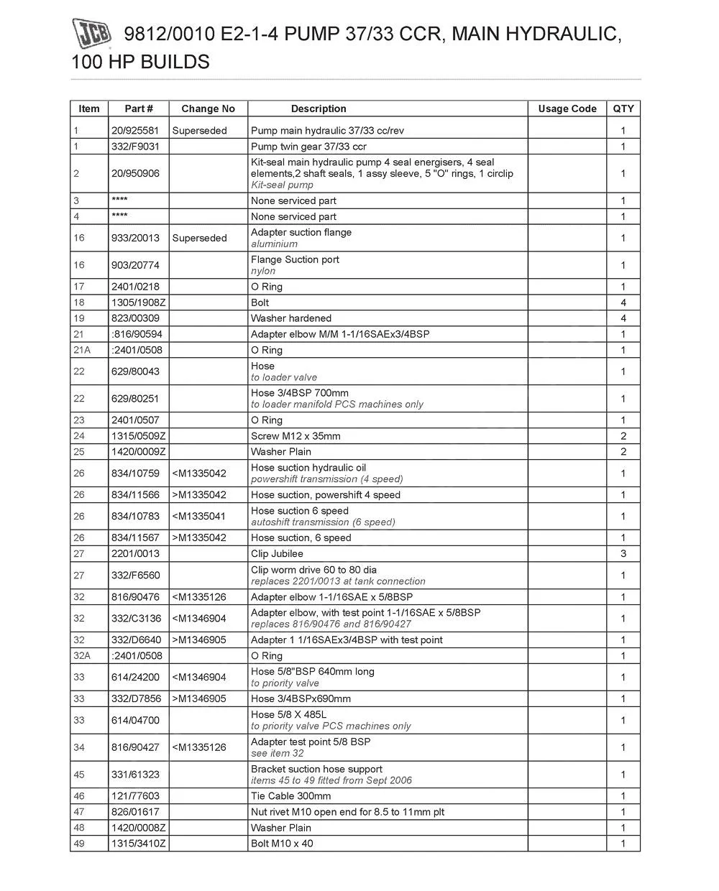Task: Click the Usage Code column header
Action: (567, 109)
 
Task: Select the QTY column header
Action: (623, 109)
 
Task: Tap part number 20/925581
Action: (136, 131)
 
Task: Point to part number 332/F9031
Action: (136, 147)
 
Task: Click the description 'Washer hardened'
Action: (291, 318)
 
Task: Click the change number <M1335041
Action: (199, 516)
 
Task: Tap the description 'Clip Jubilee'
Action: (277, 554)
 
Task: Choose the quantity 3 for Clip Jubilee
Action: (623, 554)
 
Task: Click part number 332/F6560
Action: (136, 576)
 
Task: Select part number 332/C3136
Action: (136, 619)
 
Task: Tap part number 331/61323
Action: (136, 775)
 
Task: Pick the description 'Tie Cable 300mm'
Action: (290, 796)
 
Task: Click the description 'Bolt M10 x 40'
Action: (282, 844)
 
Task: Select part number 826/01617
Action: (136, 812)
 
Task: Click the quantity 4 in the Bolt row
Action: (623, 303)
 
